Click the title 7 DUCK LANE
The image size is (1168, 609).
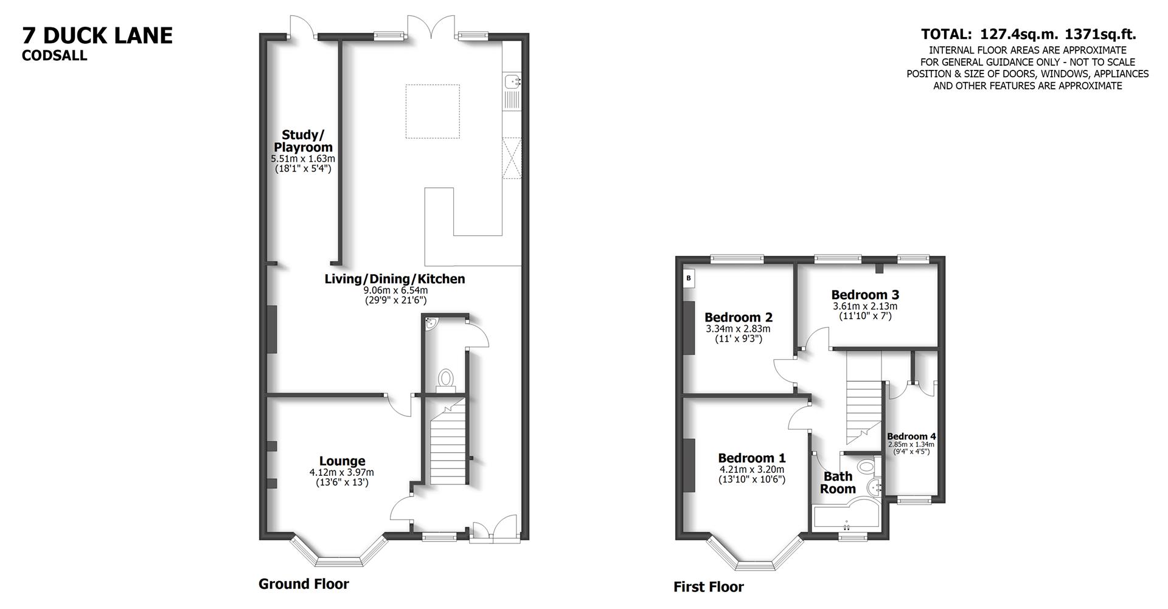pyautogui.click(x=97, y=36)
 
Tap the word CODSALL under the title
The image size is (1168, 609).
pyautogui.click(x=55, y=56)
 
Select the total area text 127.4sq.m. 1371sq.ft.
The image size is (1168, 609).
pyautogui.click(x=1028, y=35)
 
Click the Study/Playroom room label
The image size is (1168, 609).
pyautogui.click(x=303, y=141)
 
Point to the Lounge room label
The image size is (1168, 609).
pyautogui.click(x=342, y=461)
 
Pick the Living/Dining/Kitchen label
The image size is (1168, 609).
pyautogui.click(x=395, y=279)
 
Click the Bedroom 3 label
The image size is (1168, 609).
pyautogui.click(x=864, y=295)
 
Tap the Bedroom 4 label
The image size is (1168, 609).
pyautogui.click(x=911, y=436)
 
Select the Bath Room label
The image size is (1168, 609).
pyautogui.click(x=838, y=483)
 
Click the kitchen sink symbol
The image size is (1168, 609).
pyautogui.click(x=512, y=81)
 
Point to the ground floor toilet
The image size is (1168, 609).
pyautogui.click(x=446, y=378)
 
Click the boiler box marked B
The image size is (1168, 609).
pyautogui.click(x=689, y=278)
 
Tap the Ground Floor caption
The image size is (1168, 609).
pyautogui.click(x=304, y=584)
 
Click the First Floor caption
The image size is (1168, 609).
pyautogui.click(x=708, y=587)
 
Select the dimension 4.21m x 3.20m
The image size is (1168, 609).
pyautogui.click(x=752, y=469)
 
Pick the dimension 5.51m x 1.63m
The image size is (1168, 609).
pyautogui.click(x=303, y=159)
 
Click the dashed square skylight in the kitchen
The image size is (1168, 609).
pyautogui.click(x=433, y=111)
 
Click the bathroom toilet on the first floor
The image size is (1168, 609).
pyautogui.click(x=865, y=466)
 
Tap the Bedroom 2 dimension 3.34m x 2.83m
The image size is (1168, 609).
pyautogui.click(x=738, y=329)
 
